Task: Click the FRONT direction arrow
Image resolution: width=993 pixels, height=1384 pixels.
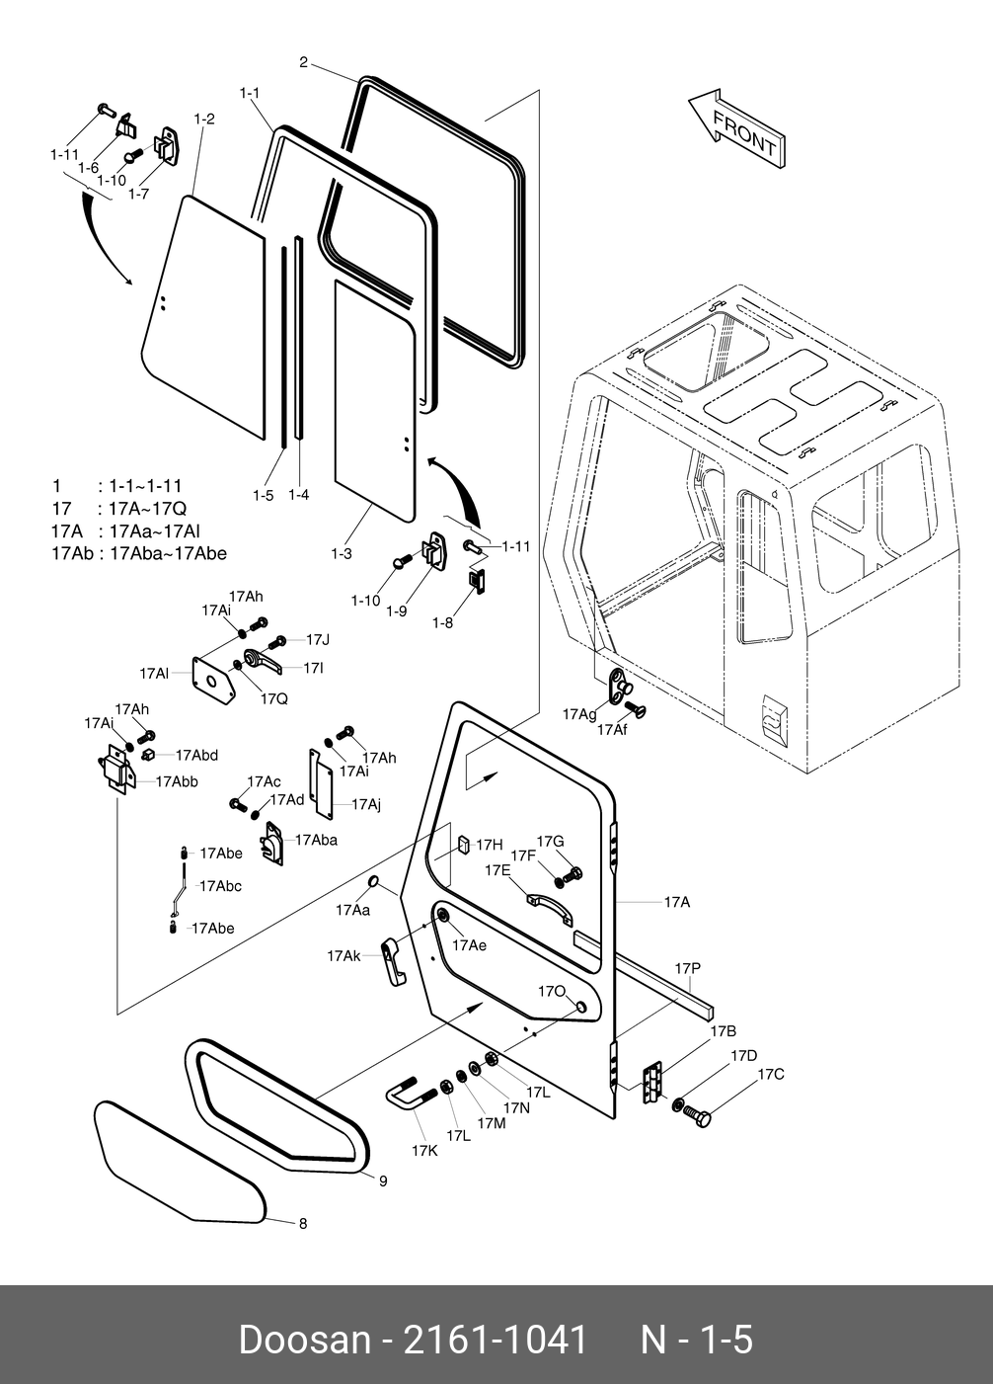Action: [x=736, y=128]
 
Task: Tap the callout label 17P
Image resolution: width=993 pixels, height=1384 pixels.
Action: [x=687, y=968]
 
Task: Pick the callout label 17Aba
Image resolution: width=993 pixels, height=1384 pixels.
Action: [x=316, y=840]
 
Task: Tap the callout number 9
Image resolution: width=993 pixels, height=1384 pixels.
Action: [x=383, y=1180]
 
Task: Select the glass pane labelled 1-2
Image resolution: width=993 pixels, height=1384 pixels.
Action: [x=203, y=316]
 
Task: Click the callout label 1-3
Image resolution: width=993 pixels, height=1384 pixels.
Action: [x=341, y=554]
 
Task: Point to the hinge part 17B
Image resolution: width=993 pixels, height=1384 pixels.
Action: [x=651, y=1084]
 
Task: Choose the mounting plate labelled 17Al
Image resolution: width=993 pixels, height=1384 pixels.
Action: [x=214, y=681]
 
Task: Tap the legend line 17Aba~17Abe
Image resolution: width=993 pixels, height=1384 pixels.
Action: [x=168, y=553]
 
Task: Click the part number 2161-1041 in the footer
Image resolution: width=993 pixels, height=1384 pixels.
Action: [x=496, y=1340]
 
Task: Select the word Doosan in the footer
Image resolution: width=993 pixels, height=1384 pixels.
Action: [x=303, y=1340]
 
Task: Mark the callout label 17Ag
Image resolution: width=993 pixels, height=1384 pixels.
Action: [x=579, y=714]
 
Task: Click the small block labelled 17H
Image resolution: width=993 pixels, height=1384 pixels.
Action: [x=462, y=846]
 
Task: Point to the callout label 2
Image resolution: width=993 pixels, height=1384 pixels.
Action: [x=303, y=63]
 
